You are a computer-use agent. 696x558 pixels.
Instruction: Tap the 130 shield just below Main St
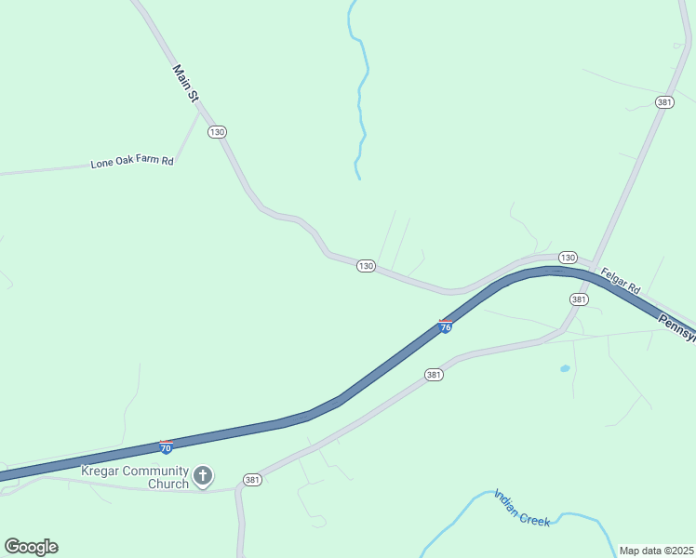217,132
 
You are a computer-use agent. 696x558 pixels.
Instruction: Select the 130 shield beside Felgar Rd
568,257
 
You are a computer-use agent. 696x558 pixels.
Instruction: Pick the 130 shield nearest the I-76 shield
366,266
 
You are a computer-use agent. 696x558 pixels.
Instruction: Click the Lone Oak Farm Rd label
132,163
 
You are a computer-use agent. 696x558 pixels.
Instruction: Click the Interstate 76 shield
446,326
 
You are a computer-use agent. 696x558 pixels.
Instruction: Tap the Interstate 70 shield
166,447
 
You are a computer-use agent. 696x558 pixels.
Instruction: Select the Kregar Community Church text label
135,477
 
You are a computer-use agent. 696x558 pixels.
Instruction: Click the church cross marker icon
203,477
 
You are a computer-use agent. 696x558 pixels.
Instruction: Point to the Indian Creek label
522,508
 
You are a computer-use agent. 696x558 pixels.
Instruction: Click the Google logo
31,547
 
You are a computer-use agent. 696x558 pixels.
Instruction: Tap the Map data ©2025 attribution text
656,551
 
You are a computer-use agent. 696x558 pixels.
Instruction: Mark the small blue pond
565,369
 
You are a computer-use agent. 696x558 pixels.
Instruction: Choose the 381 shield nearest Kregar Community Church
252,480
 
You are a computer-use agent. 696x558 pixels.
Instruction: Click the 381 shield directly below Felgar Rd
579,299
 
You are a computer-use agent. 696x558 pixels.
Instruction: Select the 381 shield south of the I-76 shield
434,375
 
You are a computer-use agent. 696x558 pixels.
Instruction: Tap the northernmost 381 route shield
663,102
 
